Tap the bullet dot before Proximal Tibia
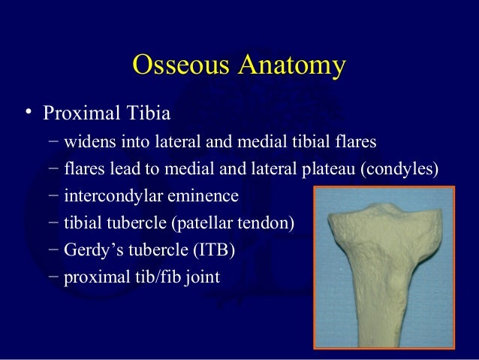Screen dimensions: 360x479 28,113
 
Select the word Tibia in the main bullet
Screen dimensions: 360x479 148,115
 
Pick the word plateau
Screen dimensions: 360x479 329,169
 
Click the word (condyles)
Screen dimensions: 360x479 398,169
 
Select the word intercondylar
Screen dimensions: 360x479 110,196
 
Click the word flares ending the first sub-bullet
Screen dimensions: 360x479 357,142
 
